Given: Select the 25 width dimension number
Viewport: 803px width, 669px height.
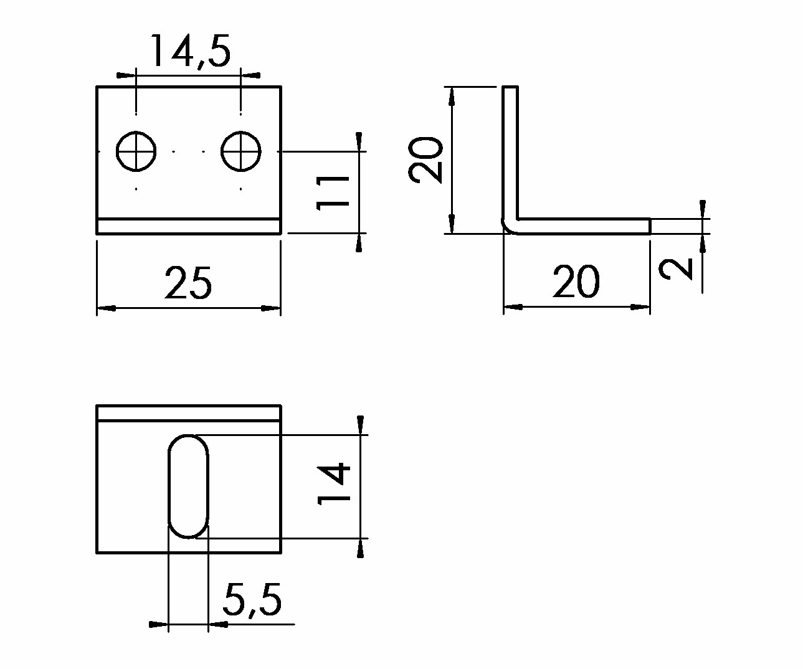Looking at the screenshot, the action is [188, 283].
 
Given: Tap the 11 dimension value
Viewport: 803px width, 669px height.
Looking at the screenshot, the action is [333, 193].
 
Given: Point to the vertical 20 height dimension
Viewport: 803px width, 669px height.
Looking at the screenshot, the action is [425, 159].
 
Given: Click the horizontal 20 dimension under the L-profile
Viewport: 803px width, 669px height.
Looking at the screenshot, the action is [576, 281].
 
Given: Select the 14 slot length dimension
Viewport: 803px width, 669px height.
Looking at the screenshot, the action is [333, 483].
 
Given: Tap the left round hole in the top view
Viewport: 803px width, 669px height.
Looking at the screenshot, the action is [136, 151].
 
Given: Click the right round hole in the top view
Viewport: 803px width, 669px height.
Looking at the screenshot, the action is [240, 151].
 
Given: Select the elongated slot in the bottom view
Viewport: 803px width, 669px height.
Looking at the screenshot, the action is [188, 486].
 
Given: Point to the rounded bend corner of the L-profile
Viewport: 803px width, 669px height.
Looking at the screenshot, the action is [508, 227].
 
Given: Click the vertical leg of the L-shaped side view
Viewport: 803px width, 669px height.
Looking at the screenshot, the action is [510, 154].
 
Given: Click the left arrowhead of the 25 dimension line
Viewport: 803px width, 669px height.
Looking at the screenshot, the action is [106, 308].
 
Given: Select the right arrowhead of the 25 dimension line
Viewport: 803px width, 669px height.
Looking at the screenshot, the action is [271, 308].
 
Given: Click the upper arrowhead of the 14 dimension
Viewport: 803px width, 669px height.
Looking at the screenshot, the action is [360, 425].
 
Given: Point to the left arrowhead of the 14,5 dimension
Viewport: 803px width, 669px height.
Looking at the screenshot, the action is [126, 75].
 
